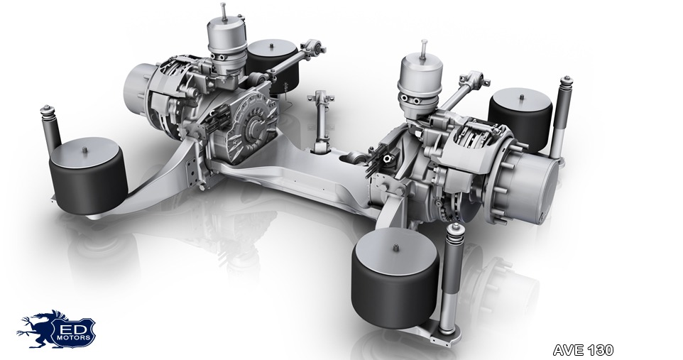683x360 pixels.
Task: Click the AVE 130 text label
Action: [583, 349]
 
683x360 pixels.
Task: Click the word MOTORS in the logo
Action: [76, 337]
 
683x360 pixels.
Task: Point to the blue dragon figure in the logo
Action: [38, 329]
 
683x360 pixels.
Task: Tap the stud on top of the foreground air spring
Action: [395, 248]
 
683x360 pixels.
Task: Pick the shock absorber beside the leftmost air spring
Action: [50, 129]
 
